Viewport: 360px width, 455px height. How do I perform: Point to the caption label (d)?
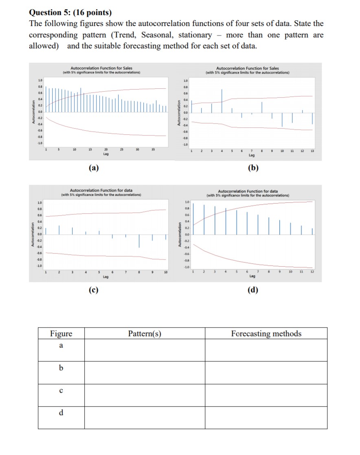click(x=252, y=290)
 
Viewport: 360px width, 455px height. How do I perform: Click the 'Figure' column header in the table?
click(x=61, y=334)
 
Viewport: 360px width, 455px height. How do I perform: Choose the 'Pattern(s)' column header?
click(x=145, y=334)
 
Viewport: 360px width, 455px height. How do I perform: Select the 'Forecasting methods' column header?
click(x=266, y=334)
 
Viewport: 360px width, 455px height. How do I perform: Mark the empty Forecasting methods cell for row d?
click(x=266, y=417)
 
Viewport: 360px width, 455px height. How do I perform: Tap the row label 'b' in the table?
click(x=61, y=368)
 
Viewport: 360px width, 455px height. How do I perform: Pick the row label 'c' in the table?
click(x=61, y=391)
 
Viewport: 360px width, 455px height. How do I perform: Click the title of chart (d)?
click(x=248, y=193)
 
